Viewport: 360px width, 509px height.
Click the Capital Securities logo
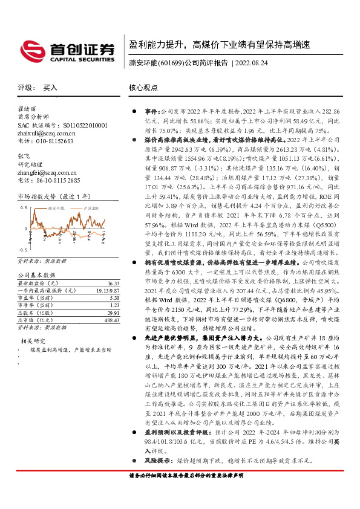click(x=66, y=50)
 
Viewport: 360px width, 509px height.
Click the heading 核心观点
click(x=143, y=88)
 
